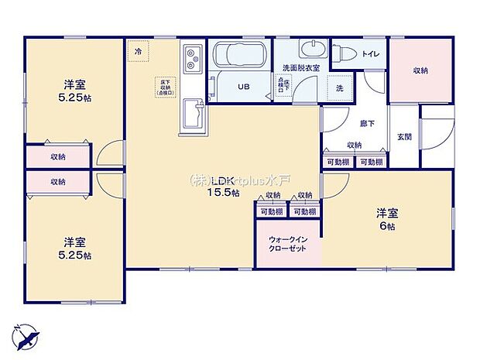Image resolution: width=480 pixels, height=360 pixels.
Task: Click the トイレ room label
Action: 370,53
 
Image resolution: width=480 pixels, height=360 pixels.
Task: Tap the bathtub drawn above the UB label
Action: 239,57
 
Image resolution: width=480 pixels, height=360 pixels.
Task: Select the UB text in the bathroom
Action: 242,87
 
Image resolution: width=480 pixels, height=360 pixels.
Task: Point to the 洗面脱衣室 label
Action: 299,67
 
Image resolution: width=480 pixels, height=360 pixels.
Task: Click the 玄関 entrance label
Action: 404,137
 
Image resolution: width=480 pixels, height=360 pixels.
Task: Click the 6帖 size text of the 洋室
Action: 387,226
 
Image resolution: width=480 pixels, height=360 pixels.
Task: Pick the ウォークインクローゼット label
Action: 287,244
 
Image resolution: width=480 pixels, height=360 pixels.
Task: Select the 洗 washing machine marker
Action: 339,88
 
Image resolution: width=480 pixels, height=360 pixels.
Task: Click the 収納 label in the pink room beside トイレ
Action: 420,70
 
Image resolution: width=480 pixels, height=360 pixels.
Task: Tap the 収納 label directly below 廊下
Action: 355,145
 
